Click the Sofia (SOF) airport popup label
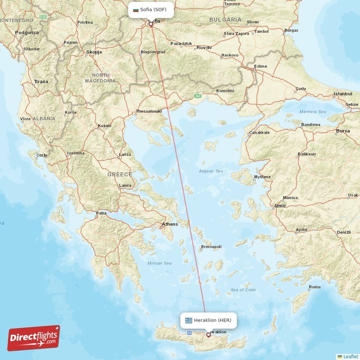tap(151, 9)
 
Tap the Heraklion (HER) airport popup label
tap(208, 320)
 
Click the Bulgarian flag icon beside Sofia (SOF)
tap(135, 9)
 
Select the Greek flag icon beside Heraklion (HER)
tap(189, 320)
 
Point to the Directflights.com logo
tap(34, 338)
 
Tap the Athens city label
tap(170, 224)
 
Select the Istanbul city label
tap(342, 94)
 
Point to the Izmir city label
tap(280, 206)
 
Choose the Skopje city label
tap(94, 52)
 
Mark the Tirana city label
tap(41, 81)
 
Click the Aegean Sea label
tap(211, 171)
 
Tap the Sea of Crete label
tap(243, 290)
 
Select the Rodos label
tap(315, 287)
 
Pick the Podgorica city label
tap(27, 32)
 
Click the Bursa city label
tap(343, 131)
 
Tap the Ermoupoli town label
tap(211, 247)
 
